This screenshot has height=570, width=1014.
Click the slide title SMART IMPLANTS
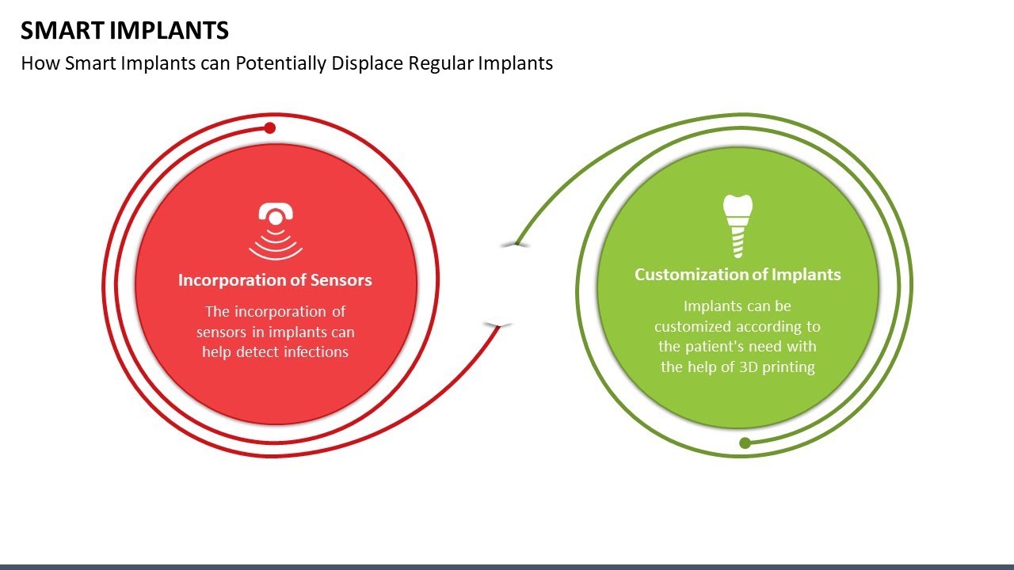124,30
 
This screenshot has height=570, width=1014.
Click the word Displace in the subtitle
367,63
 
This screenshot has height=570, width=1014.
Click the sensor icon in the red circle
276,230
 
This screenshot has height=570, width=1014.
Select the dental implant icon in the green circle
737,226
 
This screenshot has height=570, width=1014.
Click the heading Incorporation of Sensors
275,280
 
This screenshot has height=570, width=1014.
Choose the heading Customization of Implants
737,275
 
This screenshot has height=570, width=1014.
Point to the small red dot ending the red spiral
269,128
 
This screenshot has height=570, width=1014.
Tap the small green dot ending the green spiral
745,443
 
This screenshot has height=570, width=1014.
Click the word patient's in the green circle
715,347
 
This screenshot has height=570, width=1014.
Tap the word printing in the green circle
787,367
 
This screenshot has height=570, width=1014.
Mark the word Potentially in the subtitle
280,63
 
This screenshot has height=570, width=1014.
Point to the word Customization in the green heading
692,275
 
